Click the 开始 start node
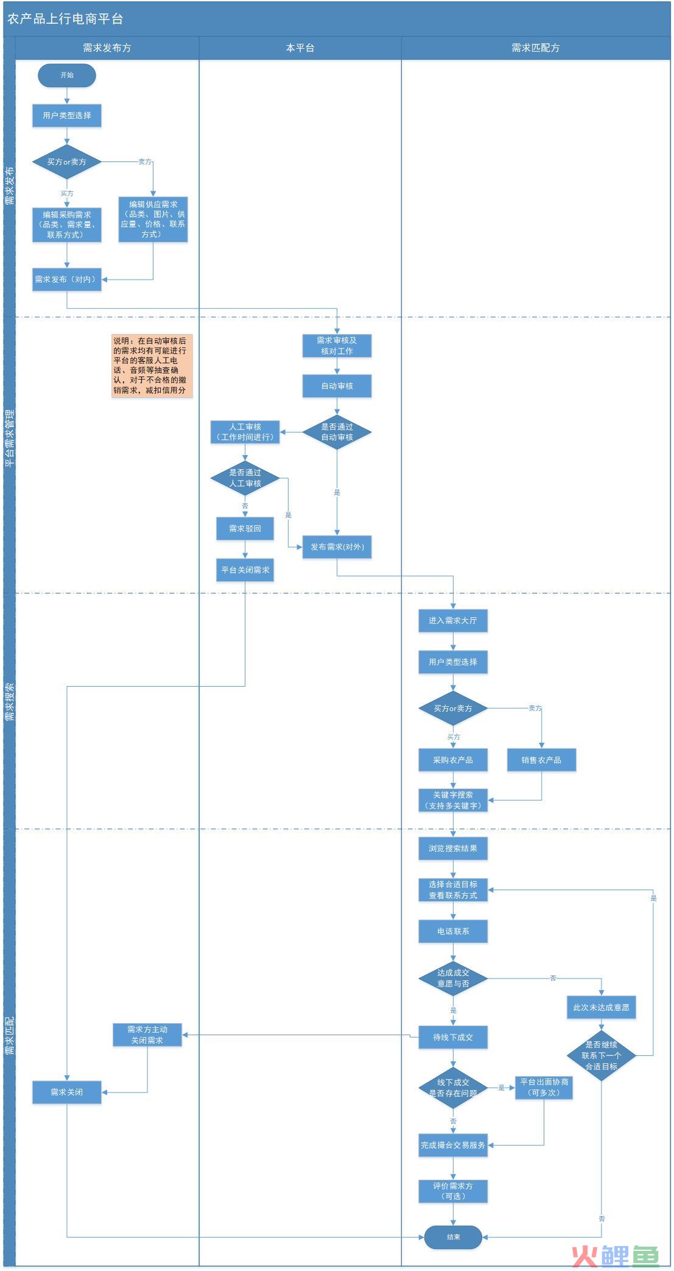67,76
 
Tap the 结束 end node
453,1237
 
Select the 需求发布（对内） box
67,280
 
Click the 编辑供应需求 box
153,219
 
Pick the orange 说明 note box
152,366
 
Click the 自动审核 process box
337,386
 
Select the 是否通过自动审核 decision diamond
337,432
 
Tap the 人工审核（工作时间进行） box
245,432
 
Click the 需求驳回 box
245,529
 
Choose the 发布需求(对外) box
337,547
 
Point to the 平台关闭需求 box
245,570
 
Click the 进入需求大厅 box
453,621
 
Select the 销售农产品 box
541,760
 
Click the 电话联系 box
453,932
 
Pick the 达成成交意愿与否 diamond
453,979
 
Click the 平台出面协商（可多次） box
544,1087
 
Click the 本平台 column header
300,48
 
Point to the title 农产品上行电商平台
65,19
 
